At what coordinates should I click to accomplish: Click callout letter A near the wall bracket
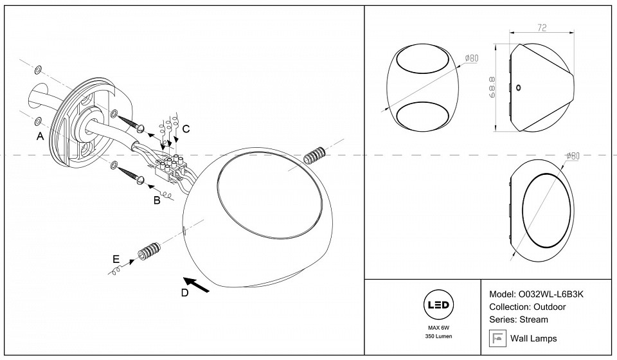point(40,136)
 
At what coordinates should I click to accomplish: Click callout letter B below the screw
point(156,201)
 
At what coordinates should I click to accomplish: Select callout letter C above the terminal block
point(186,129)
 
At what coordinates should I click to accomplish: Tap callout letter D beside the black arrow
point(184,294)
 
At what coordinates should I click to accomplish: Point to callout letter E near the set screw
point(116,259)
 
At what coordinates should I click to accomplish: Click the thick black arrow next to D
point(198,285)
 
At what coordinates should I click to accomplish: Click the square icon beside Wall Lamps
point(496,337)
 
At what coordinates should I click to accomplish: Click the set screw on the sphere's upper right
point(314,156)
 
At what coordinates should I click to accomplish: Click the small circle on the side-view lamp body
point(519,88)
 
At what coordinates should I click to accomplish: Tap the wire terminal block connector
point(172,165)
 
